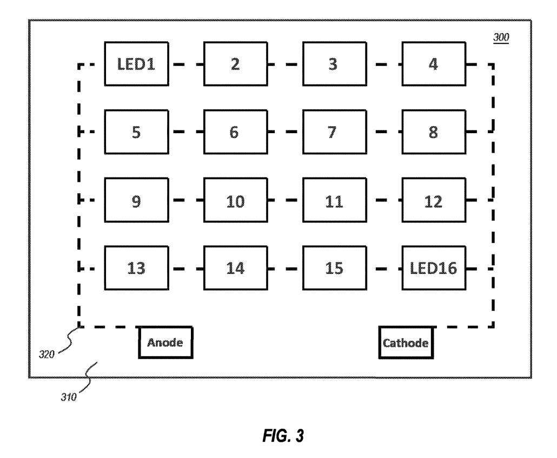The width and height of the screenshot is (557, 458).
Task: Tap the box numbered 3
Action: click(x=334, y=64)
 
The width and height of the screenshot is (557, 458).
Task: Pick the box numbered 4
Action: click(x=433, y=64)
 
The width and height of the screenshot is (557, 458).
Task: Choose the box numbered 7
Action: click(x=334, y=132)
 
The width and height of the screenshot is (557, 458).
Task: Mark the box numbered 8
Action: click(x=433, y=132)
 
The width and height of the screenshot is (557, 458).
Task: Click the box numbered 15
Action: click(x=334, y=268)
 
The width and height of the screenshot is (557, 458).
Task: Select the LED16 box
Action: click(x=433, y=268)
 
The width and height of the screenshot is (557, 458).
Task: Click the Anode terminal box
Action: click(x=165, y=342)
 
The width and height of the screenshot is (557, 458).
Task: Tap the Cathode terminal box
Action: click(x=406, y=342)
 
